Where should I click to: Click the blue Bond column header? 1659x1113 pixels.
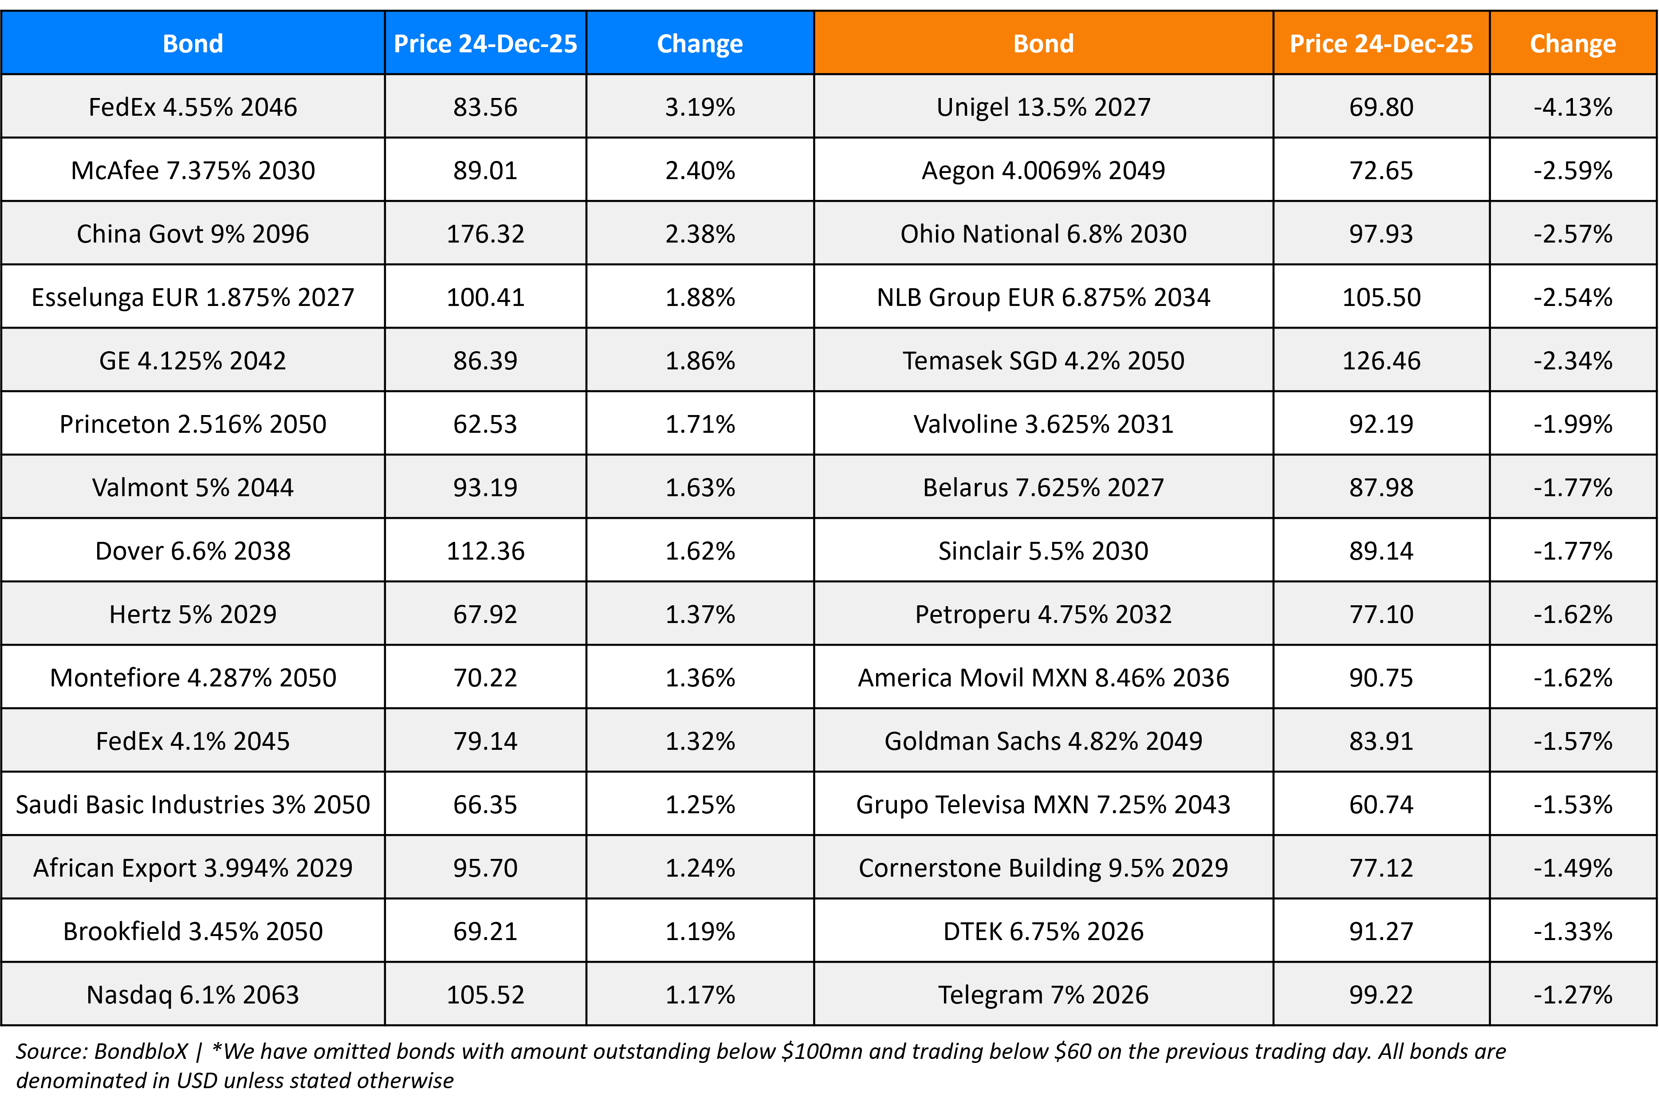[x=193, y=43]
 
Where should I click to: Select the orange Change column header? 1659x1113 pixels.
[x=1573, y=43]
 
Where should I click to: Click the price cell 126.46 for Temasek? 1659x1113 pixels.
[x=1381, y=361]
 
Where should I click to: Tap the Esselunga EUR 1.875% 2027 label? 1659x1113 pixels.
[x=193, y=297]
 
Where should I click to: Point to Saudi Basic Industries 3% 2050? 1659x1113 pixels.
[x=193, y=804]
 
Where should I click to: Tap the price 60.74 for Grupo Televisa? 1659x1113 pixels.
[x=1381, y=804]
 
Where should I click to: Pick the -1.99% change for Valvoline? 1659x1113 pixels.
[x=1573, y=424]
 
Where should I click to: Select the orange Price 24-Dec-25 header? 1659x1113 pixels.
[x=1381, y=43]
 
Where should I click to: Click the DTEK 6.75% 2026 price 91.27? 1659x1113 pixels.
[x=1381, y=931]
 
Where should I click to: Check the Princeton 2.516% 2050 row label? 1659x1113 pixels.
[x=193, y=424]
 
